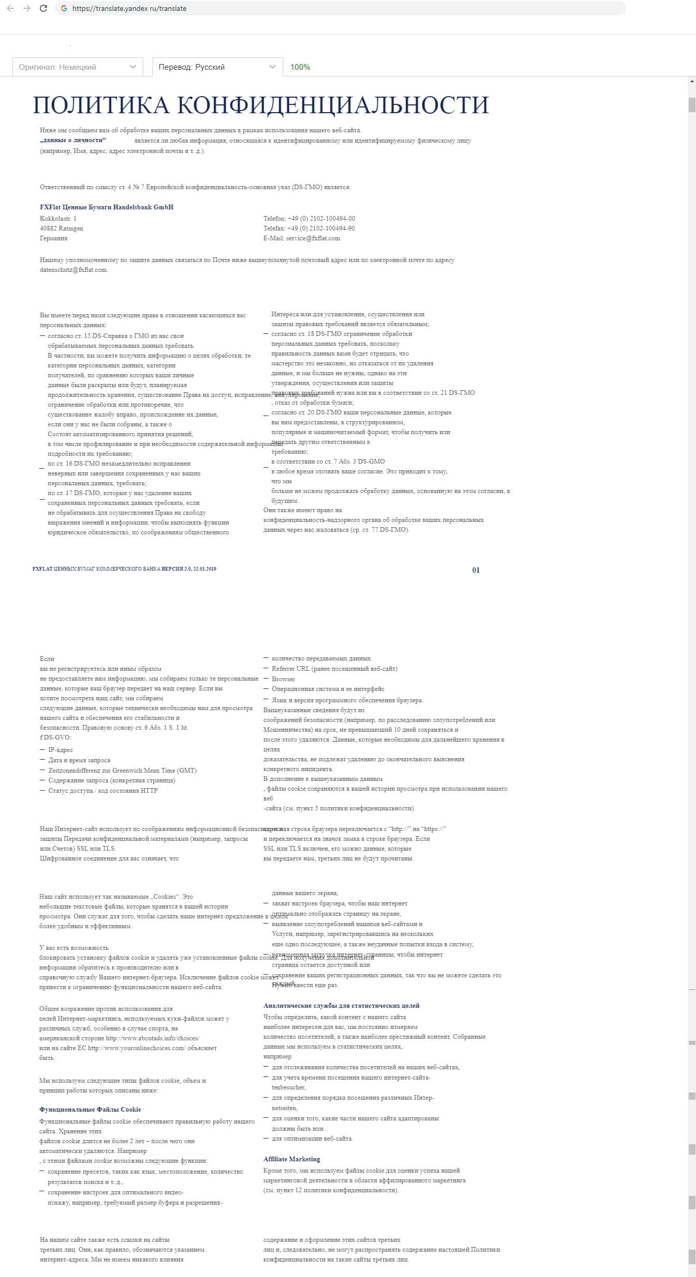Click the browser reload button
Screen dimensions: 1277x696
click(x=43, y=8)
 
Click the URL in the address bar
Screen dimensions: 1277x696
click(x=129, y=8)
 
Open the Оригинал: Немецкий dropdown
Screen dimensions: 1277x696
click(x=78, y=67)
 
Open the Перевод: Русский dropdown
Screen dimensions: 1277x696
click(x=217, y=67)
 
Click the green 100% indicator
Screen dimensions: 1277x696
click(x=300, y=67)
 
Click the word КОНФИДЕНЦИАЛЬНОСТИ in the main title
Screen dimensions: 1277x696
click(x=333, y=105)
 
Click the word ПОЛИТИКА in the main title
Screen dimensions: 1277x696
click(x=101, y=105)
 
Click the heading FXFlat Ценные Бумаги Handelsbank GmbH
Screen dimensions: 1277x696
click(x=107, y=207)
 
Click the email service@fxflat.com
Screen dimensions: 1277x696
click(x=313, y=238)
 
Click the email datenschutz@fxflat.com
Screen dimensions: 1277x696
click(x=73, y=270)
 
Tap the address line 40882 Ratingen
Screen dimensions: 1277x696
click(x=62, y=228)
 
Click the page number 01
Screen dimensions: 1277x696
click(x=476, y=570)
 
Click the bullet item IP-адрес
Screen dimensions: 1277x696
click(x=60, y=750)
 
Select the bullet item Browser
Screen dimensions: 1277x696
click(x=283, y=679)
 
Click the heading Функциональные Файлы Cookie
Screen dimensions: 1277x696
click(x=90, y=1110)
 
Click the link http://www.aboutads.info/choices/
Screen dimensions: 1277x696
click(x=153, y=1038)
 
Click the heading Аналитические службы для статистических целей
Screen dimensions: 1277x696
click(x=341, y=1006)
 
